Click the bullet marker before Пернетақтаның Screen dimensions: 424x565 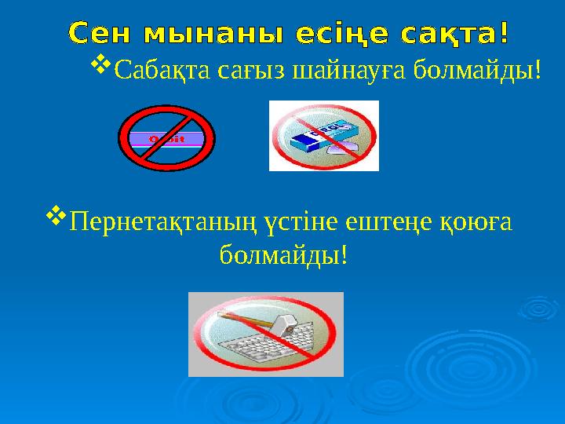pyautogui.click(x=56, y=214)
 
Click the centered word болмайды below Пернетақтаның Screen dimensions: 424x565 pyautogui.click(x=283, y=254)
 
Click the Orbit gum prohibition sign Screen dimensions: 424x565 pyautogui.click(x=166, y=139)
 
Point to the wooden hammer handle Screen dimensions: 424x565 pyautogui.click(x=243, y=316)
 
